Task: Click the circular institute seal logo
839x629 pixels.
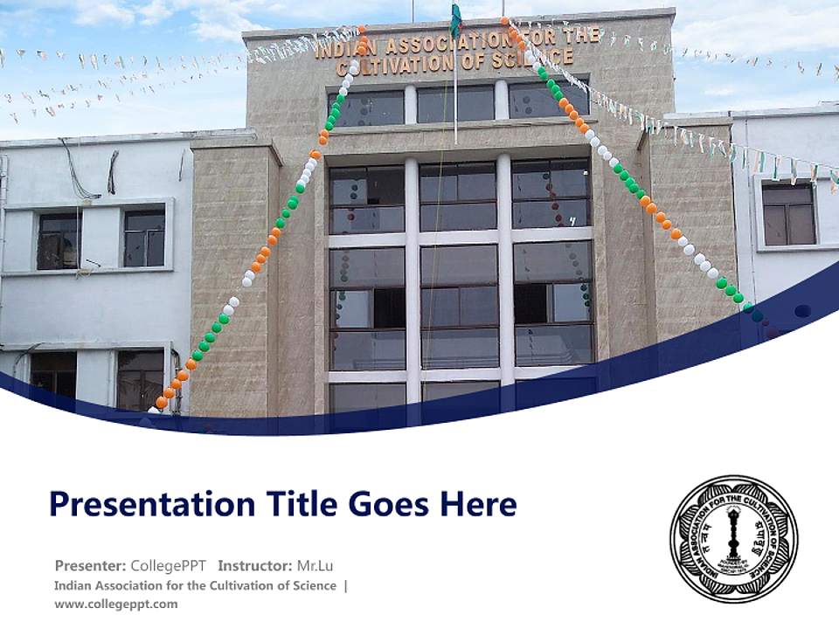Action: pyautogui.click(x=733, y=539)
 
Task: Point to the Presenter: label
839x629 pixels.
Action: pyautogui.click(x=90, y=565)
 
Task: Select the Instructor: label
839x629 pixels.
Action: pyautogui.click(x=254, y=565)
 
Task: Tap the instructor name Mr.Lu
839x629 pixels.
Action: pyautogui.click(x=315, y=565)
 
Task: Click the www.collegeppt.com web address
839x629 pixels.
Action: pyautogui.click(x=115, y=604)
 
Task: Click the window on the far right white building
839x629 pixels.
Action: pyautogui.click(x=788, y=213)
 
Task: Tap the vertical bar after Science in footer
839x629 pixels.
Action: pyautogui.click(x=345, y=585)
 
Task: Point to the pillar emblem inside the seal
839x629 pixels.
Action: pyautogui.click(x=732, y=535)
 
